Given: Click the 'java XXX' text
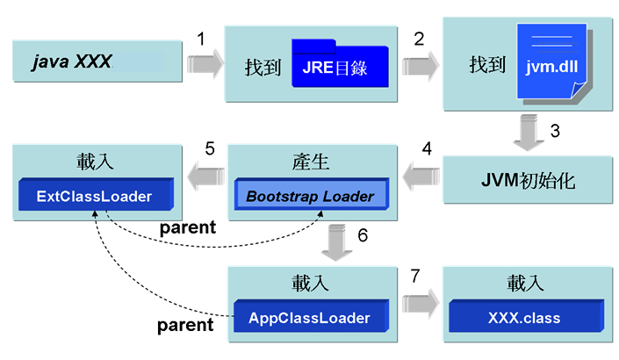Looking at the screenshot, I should (72, 62).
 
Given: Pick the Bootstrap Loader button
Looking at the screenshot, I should (309, 196).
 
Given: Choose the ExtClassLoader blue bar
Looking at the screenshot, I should (96, 196).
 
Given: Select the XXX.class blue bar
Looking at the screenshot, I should (525, 316).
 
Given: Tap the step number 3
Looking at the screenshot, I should (554, 131).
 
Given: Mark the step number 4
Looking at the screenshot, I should (427, 148).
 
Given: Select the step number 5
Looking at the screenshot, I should (209, 148).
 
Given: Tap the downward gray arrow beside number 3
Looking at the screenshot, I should (527, 133).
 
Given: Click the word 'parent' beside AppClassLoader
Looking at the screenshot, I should (185, 326).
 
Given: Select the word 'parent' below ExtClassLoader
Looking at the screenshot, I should (187, 227).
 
